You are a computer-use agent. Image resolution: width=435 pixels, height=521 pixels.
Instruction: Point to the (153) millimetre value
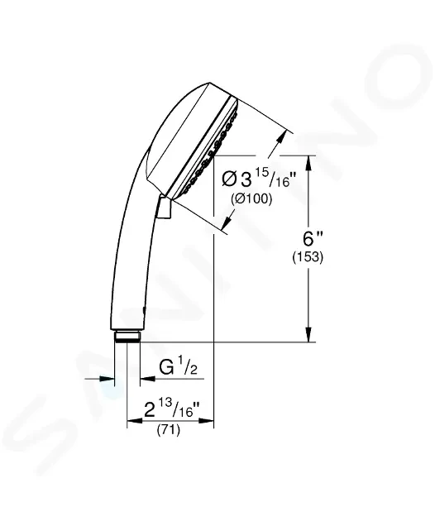(308, 257)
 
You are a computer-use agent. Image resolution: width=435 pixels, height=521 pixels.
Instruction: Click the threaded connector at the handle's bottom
(127, 336)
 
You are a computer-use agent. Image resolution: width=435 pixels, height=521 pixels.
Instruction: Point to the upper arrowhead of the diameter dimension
(287, 133)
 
